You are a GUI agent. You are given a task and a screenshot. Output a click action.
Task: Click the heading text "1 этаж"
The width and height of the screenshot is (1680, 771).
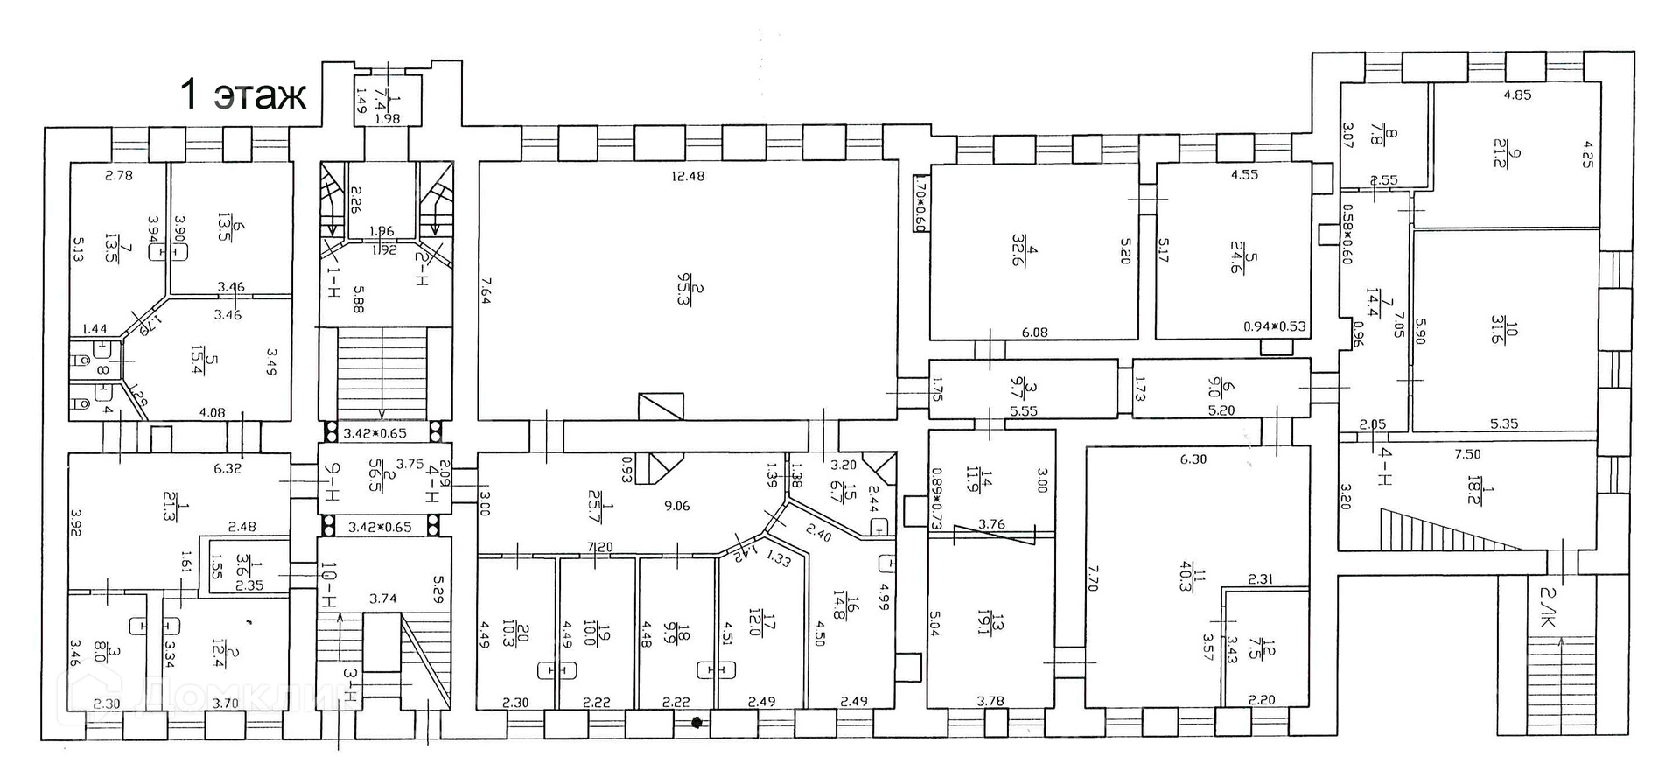[x=242, y=95]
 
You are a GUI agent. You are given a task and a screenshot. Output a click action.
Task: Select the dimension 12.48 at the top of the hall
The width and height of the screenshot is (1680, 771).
[x=688, y=176]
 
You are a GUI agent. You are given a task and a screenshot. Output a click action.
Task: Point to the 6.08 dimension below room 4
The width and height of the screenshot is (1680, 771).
[x=1034, y=333]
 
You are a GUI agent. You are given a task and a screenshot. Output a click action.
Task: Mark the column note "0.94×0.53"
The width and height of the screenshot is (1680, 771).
[x=1275, y=326]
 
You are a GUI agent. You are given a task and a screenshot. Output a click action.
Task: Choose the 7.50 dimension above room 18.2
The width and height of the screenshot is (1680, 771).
[x=1467, y=454]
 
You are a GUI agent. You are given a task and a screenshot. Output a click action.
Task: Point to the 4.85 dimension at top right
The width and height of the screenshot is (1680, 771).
[x=1517, y=95]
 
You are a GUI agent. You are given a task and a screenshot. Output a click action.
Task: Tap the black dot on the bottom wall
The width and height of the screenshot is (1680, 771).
[x=697, y=723]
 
